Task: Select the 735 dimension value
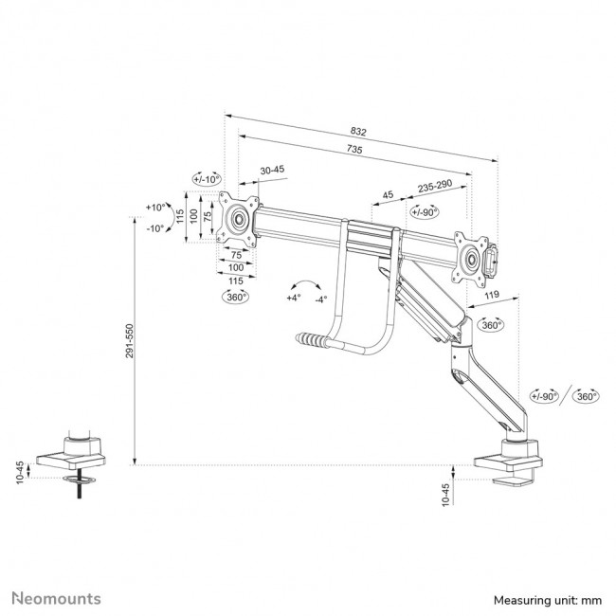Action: (x=353, y=150)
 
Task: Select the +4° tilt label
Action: (x=293, y=298)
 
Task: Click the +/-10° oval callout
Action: (x=206, y=178)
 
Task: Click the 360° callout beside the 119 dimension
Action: (x=491, y=324)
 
